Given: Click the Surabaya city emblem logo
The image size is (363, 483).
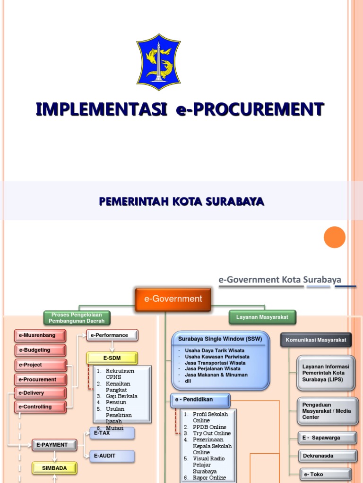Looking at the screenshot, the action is coord(158,62).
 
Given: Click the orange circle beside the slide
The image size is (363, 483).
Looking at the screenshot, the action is coord(335,237).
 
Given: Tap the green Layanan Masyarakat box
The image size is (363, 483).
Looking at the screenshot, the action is coord(262,317).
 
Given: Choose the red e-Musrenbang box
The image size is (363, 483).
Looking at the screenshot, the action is coord(40,335).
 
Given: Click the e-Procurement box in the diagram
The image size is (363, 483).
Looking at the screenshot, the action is coord(40,379).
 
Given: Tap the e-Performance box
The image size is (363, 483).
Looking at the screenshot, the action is coord(112,335).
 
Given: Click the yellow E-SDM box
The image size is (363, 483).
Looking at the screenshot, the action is coord(112,358).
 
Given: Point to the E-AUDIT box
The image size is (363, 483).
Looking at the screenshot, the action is coord(112,456).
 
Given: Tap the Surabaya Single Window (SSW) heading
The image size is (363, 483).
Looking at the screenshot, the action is coord(220,339).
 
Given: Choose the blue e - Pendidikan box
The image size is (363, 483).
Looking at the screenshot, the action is coord(200,400).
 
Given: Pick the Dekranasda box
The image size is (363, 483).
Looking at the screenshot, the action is coord(327,456).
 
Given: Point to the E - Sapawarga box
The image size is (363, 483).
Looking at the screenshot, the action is coord(327,438).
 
